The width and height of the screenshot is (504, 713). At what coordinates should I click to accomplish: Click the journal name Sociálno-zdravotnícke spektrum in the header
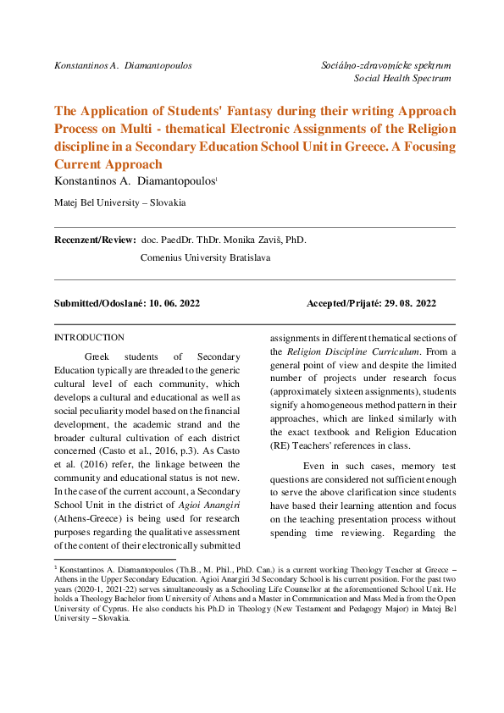click(386, 64)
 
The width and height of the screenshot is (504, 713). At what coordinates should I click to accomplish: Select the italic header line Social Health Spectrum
click(402, 78)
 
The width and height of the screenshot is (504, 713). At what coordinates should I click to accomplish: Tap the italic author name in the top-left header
click(122, 64)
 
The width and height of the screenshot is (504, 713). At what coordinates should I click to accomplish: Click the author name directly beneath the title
click(136, 181)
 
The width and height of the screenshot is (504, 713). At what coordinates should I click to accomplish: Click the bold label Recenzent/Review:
click(95, 240)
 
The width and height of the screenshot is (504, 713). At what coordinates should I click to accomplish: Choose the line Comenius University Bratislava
click(205, 257)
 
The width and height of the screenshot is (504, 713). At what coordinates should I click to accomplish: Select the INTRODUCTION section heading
click(89, 337)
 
